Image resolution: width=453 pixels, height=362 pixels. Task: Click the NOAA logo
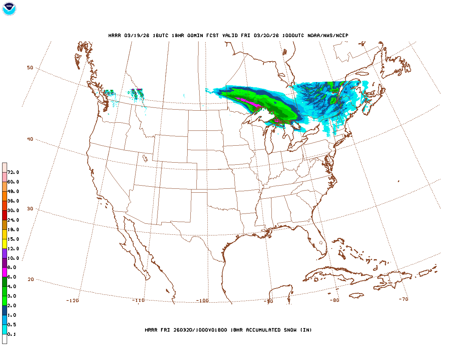(x=9, y=9)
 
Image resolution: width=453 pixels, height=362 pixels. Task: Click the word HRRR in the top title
(x=115, y=35)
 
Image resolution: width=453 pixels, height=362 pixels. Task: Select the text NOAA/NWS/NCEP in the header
(x=328, y=35)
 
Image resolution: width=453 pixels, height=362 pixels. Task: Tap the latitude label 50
(x=30, y=68)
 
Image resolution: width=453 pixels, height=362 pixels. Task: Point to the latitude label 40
(x=30, y=139)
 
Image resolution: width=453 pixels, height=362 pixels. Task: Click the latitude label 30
(x=30, y=209)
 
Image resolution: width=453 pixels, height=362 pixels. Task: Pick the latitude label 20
(x=31, y=279)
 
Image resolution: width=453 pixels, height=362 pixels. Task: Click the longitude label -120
(x=72, y=300)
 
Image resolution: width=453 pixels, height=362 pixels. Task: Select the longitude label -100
(x=202, y=301)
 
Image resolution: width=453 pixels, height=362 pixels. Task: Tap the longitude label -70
(x=403, y=299)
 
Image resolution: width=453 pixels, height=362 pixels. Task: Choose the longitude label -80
(x=334, y=300)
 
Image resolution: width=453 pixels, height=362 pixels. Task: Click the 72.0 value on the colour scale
(x=13, y=173)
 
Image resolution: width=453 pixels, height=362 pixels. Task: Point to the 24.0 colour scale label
(x=13, y=220)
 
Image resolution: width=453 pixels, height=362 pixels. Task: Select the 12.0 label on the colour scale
(x=13, y=249)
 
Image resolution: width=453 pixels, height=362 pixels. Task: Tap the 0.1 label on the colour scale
(x=12, y=334)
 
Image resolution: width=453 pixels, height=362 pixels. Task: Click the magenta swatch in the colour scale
(x=5, y=272)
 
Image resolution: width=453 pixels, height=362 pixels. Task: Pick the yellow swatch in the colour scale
(x=5, y=244)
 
